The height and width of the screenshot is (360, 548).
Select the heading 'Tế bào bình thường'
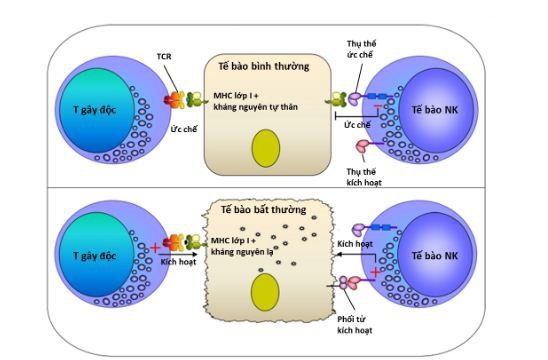[263, 67]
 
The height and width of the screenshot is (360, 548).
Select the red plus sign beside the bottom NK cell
[373, 273]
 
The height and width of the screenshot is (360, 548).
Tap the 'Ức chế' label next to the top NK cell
[358, 126]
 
